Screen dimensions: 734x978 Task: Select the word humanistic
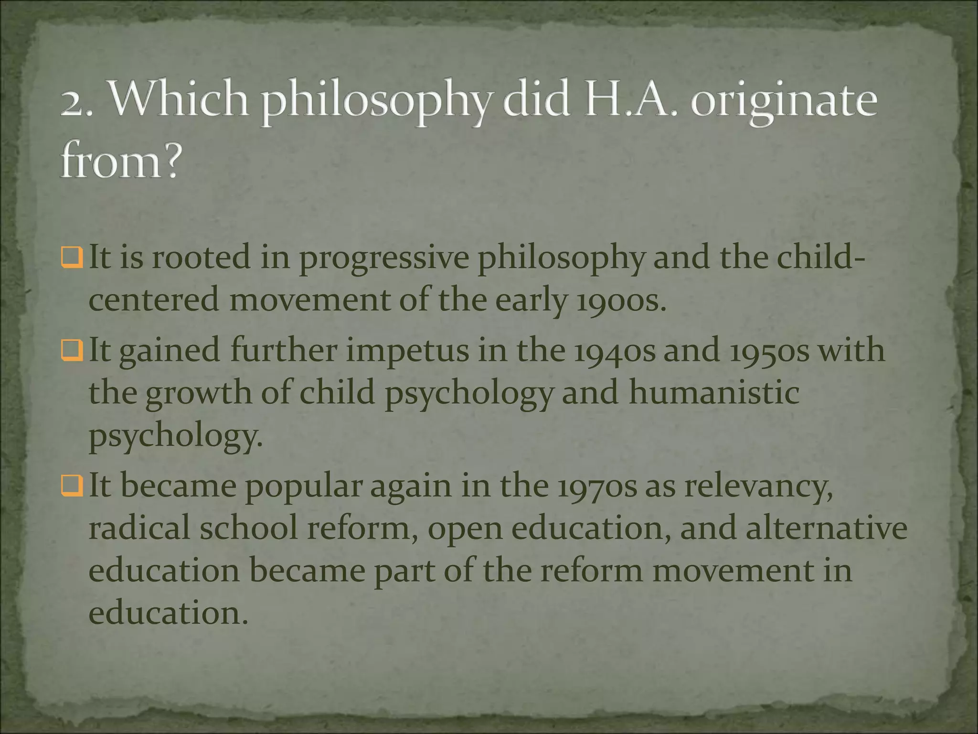(x=714, y=393)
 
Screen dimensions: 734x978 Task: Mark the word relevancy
(x=759, y=488)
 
